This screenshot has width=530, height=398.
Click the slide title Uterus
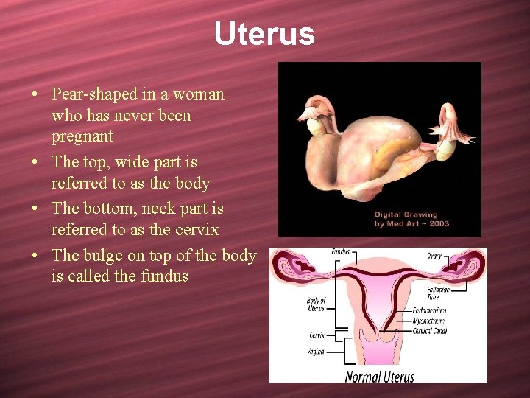coord(264,34)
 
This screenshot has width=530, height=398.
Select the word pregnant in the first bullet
coord(82,136)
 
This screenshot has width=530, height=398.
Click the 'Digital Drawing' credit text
coord(406,215)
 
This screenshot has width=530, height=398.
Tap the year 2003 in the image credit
coord(437,224)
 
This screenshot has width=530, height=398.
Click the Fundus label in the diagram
coord(340,253)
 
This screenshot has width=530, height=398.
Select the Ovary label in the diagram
coord(434,256)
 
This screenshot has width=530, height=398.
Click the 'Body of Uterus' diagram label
coord(314,303)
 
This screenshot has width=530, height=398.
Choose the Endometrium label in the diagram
coord(429,311)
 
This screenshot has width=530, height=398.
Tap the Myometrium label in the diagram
coord(429,321)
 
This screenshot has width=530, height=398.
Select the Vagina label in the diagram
coord(315,352)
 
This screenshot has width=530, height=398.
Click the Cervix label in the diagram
coord(316,335)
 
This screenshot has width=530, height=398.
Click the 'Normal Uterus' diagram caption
coord(380,377)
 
